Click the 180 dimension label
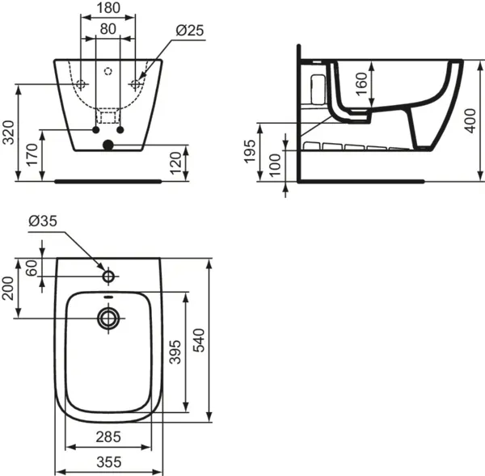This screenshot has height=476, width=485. coord(108,9)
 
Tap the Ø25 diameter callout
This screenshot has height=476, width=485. coord(189,30)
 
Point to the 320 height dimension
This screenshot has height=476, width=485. coord(9,131)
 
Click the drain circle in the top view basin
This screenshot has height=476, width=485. coord(108,318)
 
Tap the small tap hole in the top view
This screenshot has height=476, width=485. coord(108,277)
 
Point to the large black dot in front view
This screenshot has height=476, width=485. coord(108,146)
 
